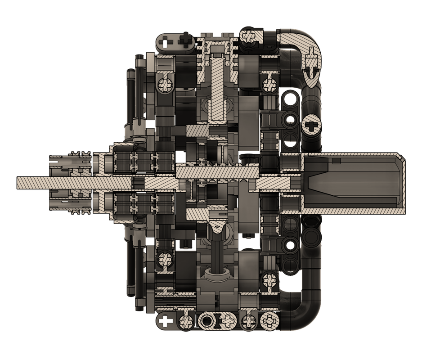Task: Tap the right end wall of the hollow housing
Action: click(x=402, y=183)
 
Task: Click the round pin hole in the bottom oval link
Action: click(x=207, y=321)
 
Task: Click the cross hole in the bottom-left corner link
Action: click(x=166, y=321)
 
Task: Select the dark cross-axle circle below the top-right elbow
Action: click(x=312, y=125)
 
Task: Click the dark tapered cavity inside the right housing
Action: click(x=342, y=183)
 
